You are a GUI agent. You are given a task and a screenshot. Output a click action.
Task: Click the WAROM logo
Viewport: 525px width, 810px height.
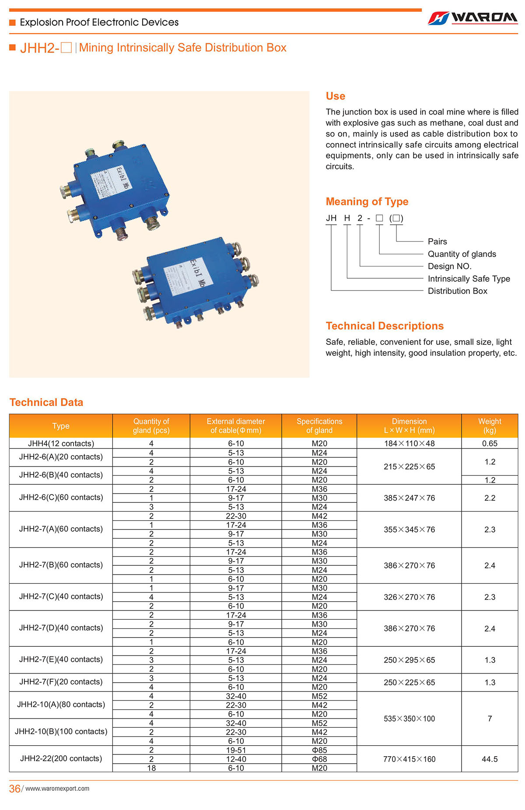click(472, 18)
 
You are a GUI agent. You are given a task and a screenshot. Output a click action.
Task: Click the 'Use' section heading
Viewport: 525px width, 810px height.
click(335, 96)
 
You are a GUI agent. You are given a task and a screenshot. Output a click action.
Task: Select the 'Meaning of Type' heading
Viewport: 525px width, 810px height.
click(367, 202)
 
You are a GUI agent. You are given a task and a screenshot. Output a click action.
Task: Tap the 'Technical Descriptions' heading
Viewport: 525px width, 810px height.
click(384, 326)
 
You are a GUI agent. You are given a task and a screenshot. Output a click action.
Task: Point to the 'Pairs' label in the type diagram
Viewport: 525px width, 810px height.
click(437, 242)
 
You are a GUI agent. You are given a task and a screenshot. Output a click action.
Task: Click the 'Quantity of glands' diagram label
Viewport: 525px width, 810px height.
click(462, 254)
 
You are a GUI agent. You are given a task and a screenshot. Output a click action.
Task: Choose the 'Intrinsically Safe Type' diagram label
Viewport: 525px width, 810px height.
click(469, 279)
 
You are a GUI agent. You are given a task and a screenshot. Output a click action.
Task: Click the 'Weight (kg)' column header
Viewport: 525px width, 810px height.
click(490, 426)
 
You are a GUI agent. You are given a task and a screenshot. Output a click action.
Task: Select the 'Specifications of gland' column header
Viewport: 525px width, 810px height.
click(319, 426)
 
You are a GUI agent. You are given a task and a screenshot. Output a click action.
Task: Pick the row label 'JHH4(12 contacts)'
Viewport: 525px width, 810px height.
click(61, 443)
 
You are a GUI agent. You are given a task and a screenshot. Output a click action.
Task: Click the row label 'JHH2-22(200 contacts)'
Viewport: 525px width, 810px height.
click(61, 758)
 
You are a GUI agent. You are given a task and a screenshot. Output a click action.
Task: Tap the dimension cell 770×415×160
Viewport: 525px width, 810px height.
click(409, 759)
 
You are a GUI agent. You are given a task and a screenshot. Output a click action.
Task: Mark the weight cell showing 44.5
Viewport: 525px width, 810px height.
click(490, 759)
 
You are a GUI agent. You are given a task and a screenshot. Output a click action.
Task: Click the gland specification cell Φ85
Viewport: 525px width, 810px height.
click(319, 750)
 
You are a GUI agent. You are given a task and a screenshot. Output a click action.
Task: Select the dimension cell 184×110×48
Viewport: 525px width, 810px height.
click(409, 443)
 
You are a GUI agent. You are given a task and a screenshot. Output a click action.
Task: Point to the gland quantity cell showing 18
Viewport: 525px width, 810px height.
click(151, 768)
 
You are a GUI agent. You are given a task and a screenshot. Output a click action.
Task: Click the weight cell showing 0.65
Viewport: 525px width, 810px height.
click(490, 443)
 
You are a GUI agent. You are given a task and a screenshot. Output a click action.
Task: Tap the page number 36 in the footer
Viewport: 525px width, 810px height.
click(15, 789)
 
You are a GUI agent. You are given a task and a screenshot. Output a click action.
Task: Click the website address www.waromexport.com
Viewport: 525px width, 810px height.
click(57, 789)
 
